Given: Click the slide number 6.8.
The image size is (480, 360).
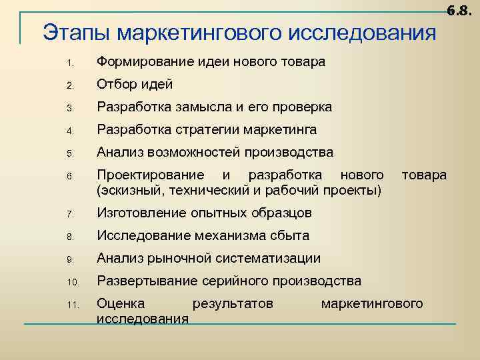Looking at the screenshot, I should coord(459,10).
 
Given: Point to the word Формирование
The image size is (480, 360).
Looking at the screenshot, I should coord(145,63).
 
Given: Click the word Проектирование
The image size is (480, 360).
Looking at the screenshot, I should coord(151,175).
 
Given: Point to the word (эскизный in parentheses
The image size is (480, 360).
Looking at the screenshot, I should coord(125,191).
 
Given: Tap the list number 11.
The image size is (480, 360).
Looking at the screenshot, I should coord(73,305).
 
